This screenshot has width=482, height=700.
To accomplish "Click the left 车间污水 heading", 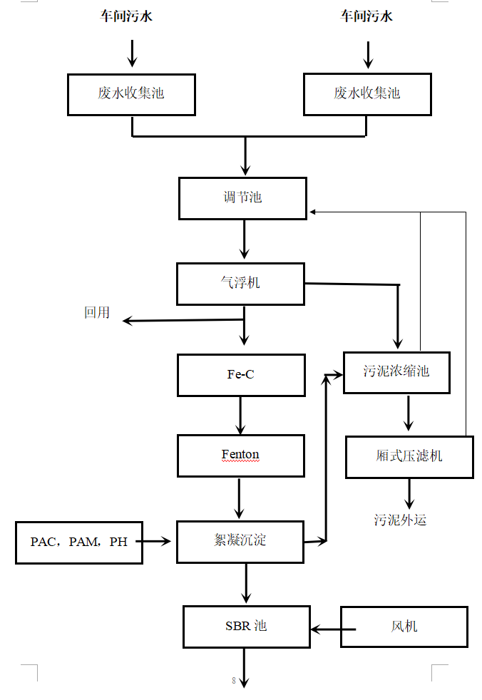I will (126, 16).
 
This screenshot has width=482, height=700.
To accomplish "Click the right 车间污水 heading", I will (366, 16).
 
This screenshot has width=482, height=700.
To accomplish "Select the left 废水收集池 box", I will (131, 93).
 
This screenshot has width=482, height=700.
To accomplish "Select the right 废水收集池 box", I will (367, 93).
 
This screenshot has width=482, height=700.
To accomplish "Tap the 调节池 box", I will (242, 198).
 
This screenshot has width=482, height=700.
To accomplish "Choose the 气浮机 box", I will (240, 284).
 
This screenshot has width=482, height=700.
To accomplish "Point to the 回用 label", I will (97, 312).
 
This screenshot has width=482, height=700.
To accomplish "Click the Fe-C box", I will (240, 375).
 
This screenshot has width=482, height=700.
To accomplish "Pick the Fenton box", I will (240, 455).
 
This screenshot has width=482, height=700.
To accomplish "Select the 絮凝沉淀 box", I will (240, 541).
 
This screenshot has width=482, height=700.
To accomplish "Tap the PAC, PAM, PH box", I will (78, 542).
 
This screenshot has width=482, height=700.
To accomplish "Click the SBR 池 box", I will (246, 627).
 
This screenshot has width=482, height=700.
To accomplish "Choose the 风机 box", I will (404, 627).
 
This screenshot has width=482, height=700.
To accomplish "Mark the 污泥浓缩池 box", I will (396, 372).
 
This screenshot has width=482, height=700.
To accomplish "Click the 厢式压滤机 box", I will (409, 457).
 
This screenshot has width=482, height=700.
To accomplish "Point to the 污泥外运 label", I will (400, 520).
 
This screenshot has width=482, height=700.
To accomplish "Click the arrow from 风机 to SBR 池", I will (333, 629).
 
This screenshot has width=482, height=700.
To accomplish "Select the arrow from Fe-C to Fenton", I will (240, 416).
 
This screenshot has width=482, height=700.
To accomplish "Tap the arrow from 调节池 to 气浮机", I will (245, 240).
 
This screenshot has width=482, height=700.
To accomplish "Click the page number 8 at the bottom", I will (233, 681).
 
